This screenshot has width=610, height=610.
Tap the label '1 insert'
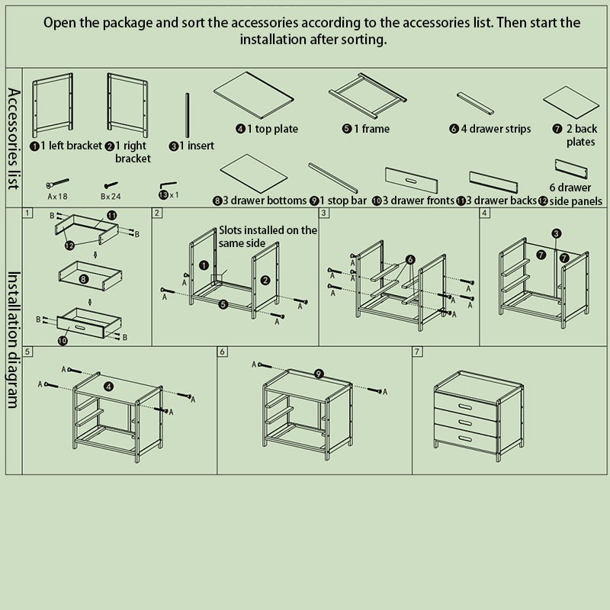pos(192,146)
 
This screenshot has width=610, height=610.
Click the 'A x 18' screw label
pos(56,196)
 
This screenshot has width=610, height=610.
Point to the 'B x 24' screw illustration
pos(111,185)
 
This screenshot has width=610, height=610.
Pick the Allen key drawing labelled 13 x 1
pos(168,185)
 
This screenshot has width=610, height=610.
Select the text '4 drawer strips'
pos(490,129)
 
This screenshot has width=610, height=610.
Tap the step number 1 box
pos(27,213)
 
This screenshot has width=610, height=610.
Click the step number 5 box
pos(27,352)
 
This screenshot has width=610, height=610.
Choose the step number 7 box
pos(417,352)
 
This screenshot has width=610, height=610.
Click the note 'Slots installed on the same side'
pos(268,236)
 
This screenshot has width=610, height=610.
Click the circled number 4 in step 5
pos(108,387)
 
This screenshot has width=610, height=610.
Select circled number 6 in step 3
pos(410,260)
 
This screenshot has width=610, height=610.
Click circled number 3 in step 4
pos(557,233)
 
